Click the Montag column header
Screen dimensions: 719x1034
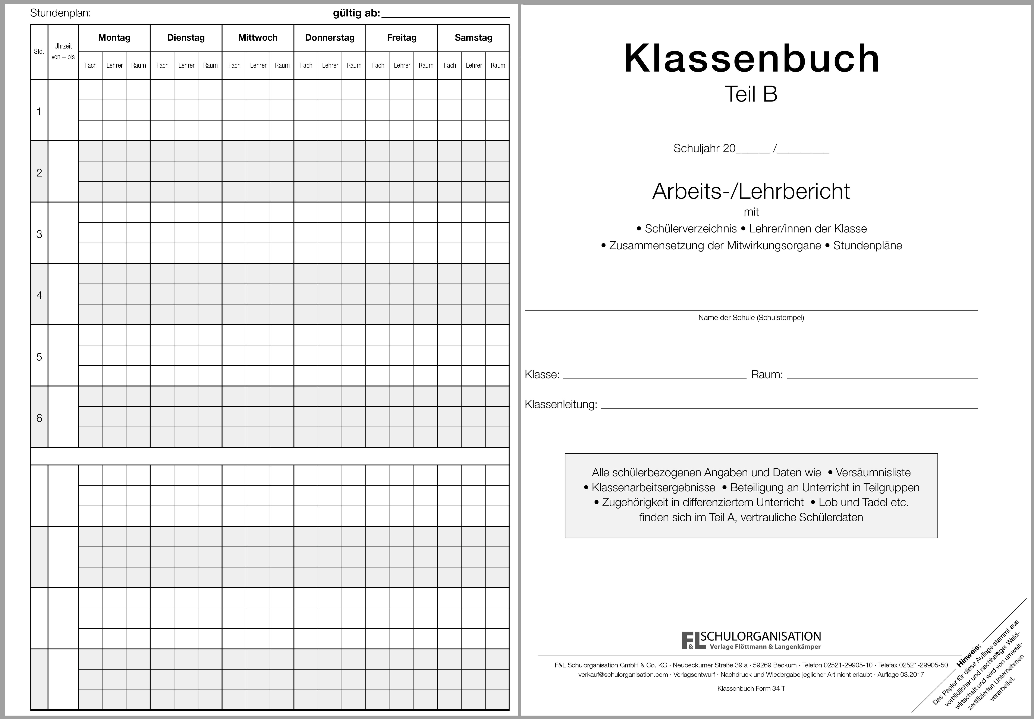(x=114, y=38)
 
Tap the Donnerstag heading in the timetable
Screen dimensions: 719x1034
(x=330, y=38)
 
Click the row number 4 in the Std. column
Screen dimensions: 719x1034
(x=39, y=296)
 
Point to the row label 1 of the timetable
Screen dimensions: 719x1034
(x=39, y=112)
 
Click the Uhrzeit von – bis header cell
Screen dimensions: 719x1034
(x=63, y=51)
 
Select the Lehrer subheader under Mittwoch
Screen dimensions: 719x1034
(x=258, y=65)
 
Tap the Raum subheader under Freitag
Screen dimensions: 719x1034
(x=425, y=65)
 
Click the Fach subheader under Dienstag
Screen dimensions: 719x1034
(x=162, y=65)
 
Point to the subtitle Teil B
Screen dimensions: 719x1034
(x=751, y=94)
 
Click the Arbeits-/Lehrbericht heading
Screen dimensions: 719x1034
(x=751, y=191)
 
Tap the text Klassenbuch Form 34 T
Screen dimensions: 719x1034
(x=751, y=688)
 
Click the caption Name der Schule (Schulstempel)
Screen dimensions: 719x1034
(x=751, y=318)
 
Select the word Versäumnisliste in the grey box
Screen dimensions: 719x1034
(x=873, y=473)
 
